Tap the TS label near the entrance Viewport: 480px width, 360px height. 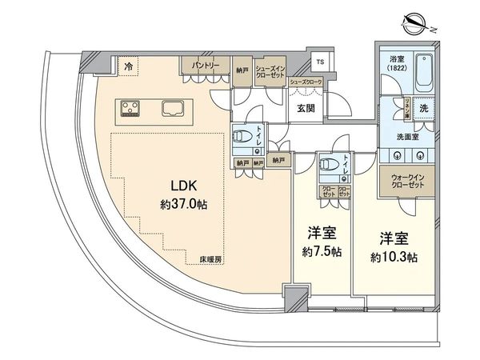pyautogui.click(x=320, y=62)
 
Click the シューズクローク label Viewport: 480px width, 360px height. pyautogui.click(x=305, y=82)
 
